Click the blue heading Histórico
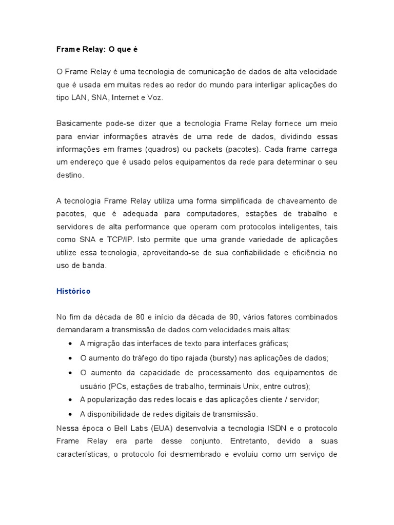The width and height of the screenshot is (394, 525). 73,291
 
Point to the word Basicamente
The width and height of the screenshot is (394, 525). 80,124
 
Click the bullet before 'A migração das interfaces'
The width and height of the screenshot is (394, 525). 70,343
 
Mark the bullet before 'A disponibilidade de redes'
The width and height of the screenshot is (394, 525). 70,414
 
